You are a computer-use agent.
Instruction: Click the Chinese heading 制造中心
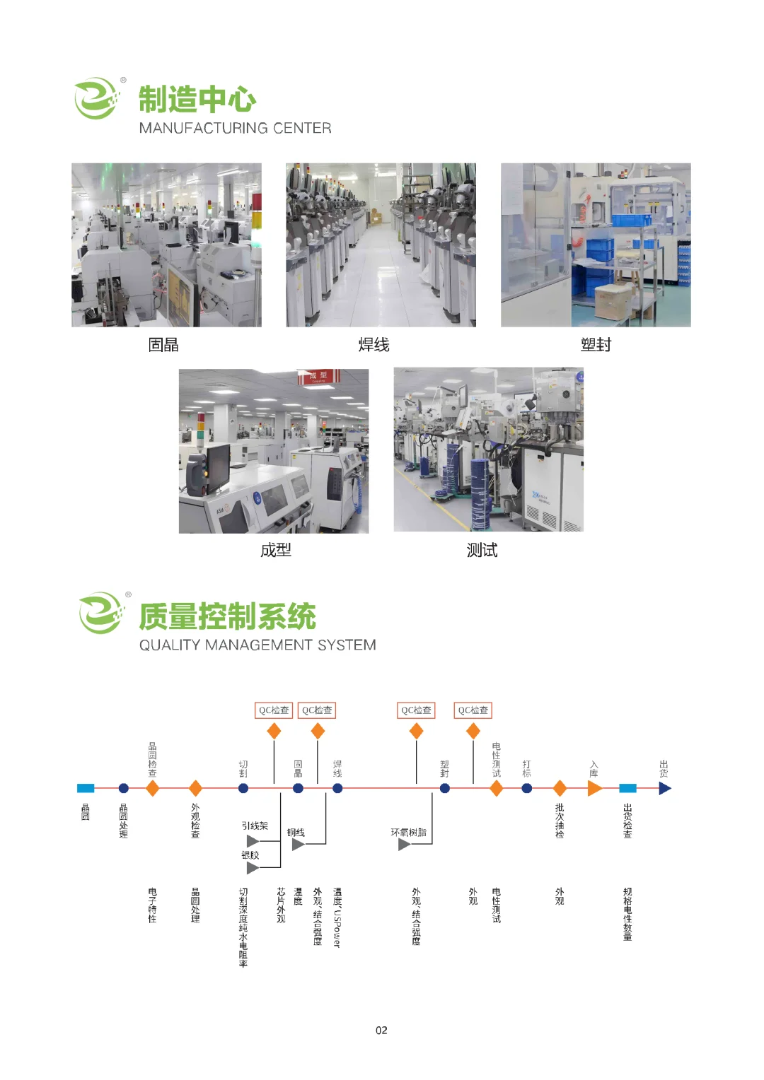pos(197,100)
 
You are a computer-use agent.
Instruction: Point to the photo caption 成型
pos(276,550)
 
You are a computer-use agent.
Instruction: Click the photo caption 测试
pos(482,550)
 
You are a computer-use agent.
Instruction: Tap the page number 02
pos(381,1031)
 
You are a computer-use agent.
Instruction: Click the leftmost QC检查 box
pos(274,710)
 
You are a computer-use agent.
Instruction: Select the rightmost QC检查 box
pos(473,710)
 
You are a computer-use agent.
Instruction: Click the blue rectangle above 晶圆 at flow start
pos(86,788)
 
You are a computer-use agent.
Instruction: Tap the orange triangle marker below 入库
pos(594,788)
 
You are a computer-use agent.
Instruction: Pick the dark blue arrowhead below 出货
pos(665,788)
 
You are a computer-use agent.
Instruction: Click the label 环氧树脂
pos(409,832)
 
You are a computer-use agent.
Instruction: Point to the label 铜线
pos(296,832)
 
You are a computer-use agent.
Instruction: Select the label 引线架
pos(255,826)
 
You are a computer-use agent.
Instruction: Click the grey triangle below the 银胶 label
pos(253,868)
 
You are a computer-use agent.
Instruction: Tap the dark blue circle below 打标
pos(527,788)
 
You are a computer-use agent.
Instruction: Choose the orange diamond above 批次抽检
pos(560,788)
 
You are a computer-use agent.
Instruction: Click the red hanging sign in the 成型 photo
pos(319,376)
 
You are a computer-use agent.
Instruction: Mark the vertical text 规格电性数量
pos(627,914)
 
